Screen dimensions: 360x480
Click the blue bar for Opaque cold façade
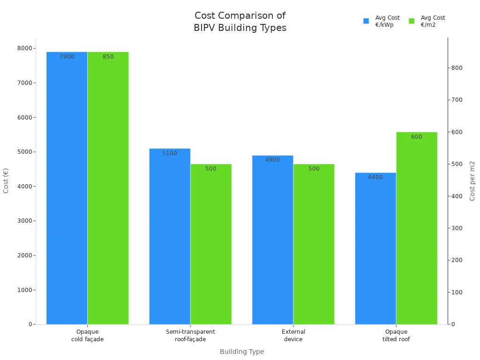[67, 187]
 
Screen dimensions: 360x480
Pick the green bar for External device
[314, 244]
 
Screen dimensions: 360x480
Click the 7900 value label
[67, 57]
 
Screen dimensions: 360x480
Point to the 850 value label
[108, 57]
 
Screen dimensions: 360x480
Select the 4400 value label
[375, 177]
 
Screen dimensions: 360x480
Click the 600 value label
[416, 137]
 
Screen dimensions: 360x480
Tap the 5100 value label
[170, 153]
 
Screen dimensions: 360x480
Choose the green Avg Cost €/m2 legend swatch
[412, 21]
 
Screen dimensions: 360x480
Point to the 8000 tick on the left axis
[25, 48]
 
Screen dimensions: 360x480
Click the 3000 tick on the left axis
[25, 221]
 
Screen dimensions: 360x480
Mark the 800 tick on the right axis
[457, 68]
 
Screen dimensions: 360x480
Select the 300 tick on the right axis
[457, 228]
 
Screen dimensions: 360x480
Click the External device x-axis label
[293, 335]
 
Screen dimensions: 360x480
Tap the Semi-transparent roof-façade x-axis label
[190, 335]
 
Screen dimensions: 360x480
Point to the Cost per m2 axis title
[472, 180]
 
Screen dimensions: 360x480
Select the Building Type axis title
[242, 352]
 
